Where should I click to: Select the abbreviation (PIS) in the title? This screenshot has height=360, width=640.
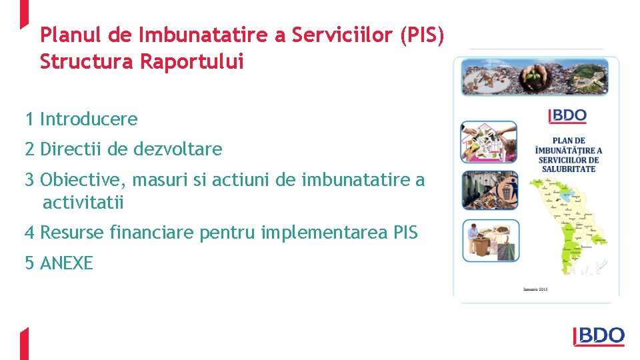pos(422,35)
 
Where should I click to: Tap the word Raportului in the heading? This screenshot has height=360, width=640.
pos(192,62)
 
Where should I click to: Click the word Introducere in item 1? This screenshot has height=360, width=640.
pos(89,119)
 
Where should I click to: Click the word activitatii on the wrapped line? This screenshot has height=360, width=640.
pos(83,202)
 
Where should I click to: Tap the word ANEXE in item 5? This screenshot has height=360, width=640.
pos(67,263)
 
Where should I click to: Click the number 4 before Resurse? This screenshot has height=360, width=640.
pos(29,233)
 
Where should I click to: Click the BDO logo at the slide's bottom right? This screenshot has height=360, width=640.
pos(599,337)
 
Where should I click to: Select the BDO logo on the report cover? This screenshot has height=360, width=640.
pos(567,116)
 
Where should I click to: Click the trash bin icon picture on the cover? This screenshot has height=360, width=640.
pos(489,191)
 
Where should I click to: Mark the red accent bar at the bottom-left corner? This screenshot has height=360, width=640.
pos(24,343)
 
